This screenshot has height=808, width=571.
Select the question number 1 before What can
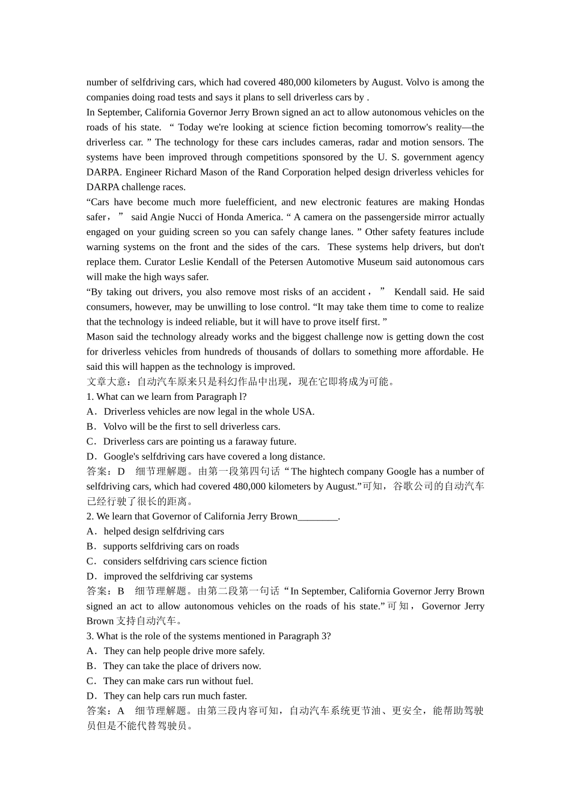pyautogui.click(x=90, y=397)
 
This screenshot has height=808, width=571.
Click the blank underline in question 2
pyautogui.click(x=318, y=516)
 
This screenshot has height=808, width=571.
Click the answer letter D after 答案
pyautogui.click(x=121, y=472)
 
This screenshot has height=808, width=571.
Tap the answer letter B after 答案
pyautogui.click(x=121, y=592)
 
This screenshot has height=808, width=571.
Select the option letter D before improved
pyautogui.click(x=91, y=577)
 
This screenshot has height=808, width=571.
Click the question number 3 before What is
pyautogui.click(x=90, y=636)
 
